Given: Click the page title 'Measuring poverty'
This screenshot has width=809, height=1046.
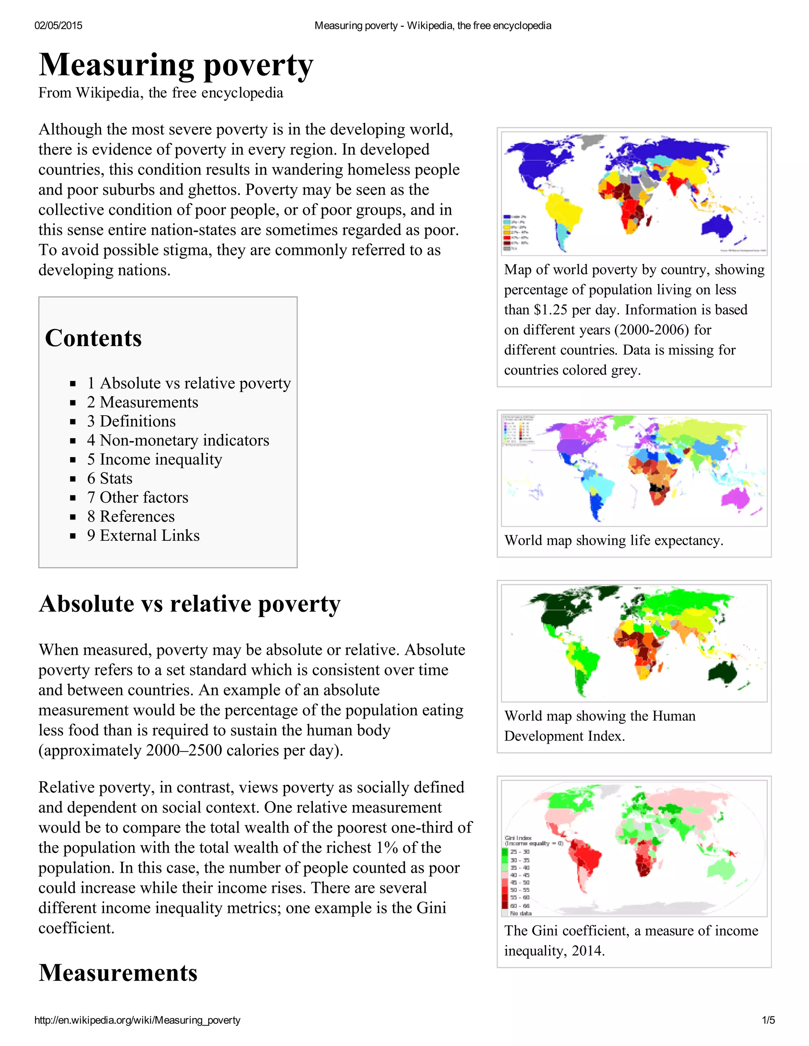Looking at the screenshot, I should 176,65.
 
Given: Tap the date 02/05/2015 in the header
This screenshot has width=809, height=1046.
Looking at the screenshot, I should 58,25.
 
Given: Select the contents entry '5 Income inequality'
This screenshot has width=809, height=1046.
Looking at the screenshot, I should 154,459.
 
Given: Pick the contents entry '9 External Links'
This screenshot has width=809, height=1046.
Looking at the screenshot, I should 143,536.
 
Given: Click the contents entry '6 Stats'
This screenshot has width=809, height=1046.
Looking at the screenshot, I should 109,478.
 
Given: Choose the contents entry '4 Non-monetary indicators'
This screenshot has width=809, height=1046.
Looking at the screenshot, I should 178,440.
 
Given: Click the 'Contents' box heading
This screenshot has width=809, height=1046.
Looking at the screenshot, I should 94,338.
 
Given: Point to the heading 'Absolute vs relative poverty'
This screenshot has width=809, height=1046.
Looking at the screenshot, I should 190,604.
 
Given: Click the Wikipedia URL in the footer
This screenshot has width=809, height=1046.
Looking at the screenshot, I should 137,1020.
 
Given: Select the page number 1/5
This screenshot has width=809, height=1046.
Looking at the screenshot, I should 768,1020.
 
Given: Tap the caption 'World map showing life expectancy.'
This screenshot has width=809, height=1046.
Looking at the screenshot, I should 613,541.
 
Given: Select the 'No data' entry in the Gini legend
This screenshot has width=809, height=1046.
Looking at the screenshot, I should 521,913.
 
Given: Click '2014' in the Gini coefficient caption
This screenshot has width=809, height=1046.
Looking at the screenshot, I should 587,951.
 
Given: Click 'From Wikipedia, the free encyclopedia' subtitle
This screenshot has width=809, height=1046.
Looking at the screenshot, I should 160,93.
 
